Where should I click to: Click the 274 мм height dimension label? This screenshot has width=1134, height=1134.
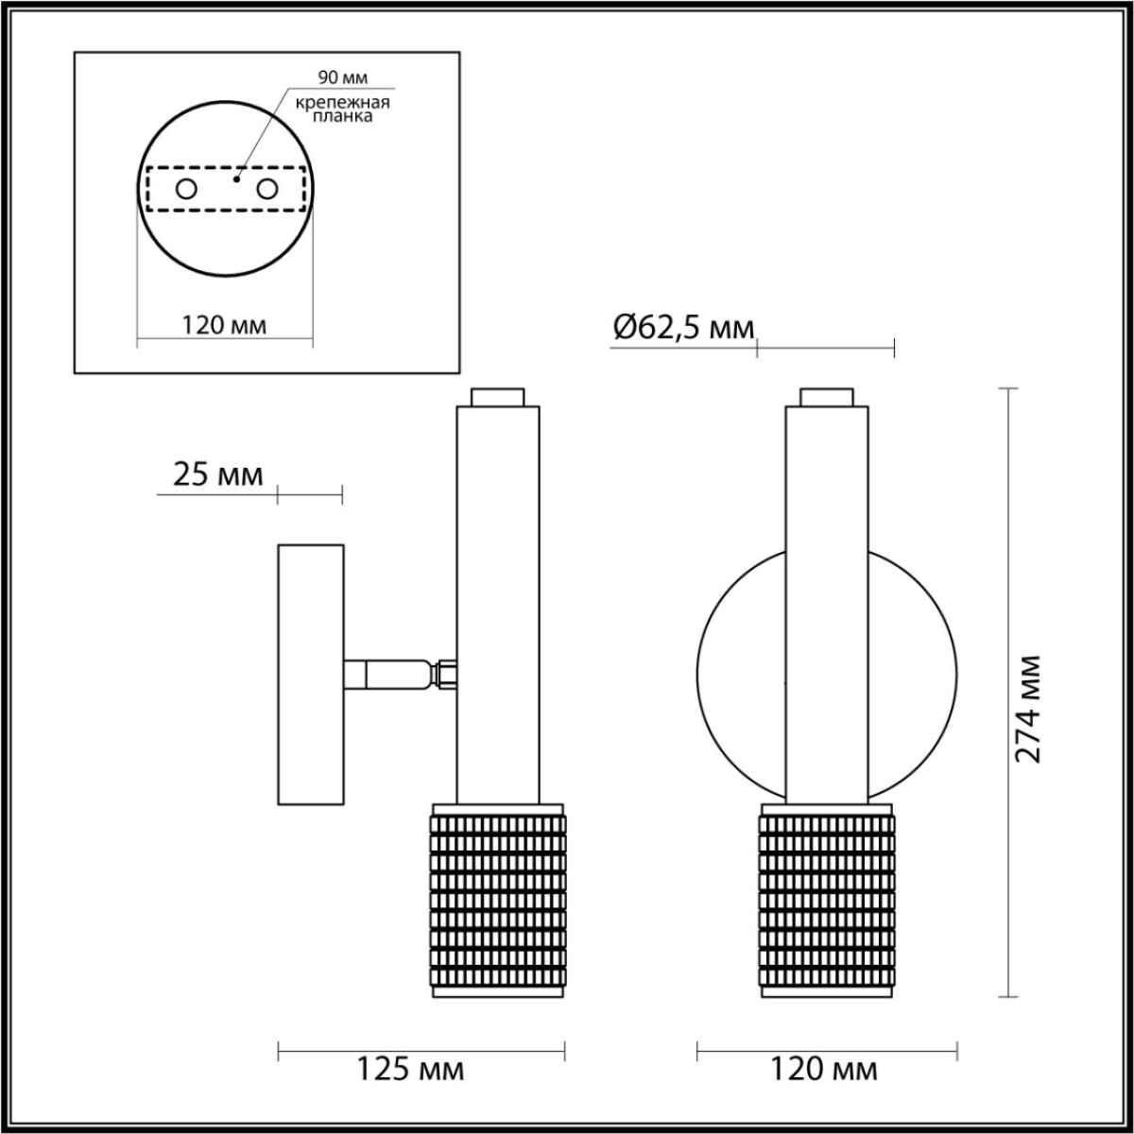pos(1029,708)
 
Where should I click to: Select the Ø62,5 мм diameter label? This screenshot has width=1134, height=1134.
pos(683,329)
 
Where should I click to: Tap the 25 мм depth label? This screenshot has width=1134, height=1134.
pos(218,474)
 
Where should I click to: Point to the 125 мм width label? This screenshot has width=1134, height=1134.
pos(410,1070)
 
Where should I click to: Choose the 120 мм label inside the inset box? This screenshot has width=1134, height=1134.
pos(224,325)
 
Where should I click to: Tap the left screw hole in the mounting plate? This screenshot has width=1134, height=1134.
pos(186,190)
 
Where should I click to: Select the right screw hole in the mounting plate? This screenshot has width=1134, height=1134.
pos(267,190)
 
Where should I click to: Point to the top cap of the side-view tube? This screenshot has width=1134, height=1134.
pos(498,397)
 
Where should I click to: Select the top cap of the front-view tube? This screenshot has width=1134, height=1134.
pos(826,397)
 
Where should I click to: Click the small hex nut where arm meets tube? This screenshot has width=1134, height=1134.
pos(446,675)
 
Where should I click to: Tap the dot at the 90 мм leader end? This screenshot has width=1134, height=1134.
pos(237,176)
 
